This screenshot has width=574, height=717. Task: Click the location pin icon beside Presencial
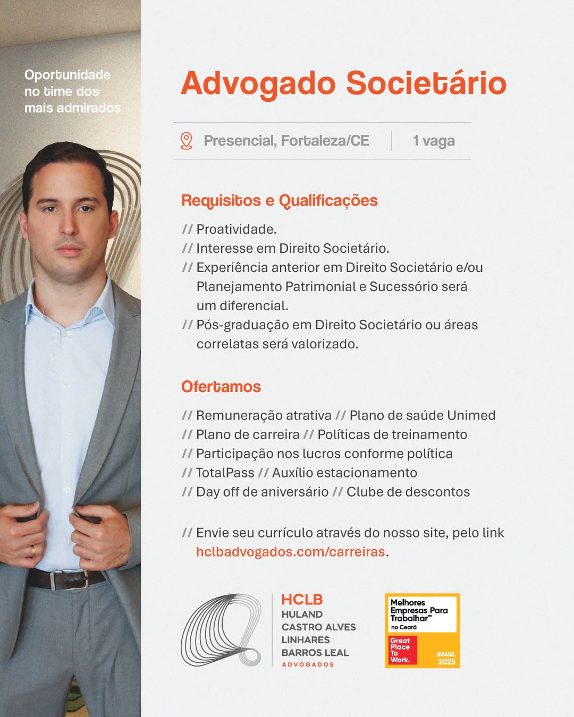[x=186, y=141]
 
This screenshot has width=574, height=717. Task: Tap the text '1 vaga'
[x=434, y=141]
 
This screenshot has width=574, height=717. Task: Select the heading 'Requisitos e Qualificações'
[x=280, y=201]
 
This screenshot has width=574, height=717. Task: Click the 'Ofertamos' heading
[x=221, y=387]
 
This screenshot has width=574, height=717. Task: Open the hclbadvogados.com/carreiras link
[x=290, y=552]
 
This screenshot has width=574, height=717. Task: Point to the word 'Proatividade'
[x=236, y=229]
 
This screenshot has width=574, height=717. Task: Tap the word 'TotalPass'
[x=225, y=473]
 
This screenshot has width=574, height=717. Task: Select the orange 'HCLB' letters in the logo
[x=302, y=600]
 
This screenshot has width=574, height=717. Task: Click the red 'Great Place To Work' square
[x=402, y=650]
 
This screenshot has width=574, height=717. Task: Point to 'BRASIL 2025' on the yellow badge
[x=446, y=658]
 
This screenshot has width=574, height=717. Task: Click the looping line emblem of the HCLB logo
[x=221, y=630]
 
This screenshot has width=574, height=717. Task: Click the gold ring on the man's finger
[x=33, y=550]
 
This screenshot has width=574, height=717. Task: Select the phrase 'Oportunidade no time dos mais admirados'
[x=72, y=91]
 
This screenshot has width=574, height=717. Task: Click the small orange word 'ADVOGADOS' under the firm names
[x=308, y=664]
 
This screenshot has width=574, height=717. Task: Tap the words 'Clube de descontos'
[x=408, y=492]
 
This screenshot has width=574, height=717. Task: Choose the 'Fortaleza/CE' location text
[x=325, y=141]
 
